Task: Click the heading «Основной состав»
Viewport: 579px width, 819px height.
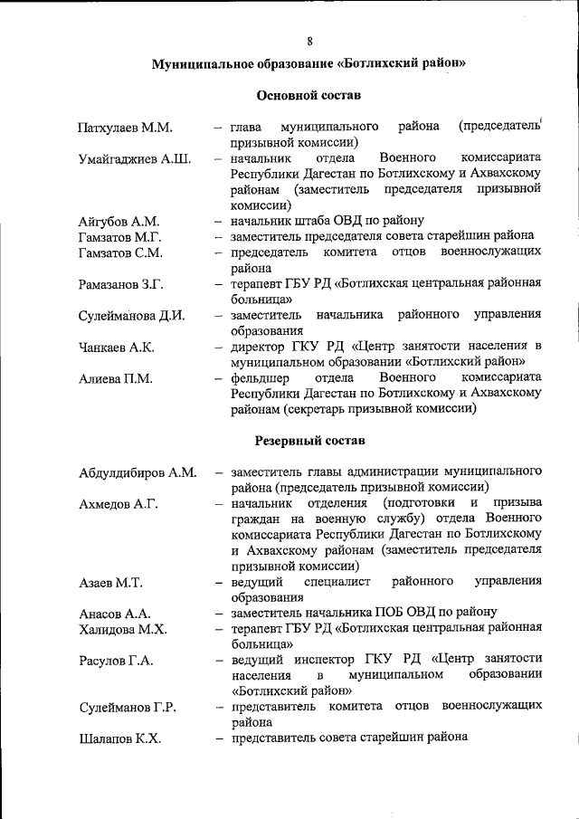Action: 308,94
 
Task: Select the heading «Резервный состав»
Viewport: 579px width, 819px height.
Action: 309,441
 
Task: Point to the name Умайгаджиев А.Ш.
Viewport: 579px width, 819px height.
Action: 134,160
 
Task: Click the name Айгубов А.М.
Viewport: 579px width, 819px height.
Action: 119,222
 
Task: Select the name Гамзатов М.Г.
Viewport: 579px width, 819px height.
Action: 120,236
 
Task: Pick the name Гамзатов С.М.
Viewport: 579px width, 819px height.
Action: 120,252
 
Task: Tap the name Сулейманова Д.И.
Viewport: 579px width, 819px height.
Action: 131,316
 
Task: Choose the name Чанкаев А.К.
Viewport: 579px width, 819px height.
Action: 116,348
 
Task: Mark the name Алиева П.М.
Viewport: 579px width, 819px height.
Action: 114,378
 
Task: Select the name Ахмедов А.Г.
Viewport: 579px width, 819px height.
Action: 119,504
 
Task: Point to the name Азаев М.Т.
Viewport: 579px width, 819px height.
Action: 110,582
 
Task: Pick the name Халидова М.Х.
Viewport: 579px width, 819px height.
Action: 122,629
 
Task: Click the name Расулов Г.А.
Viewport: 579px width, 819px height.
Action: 116,661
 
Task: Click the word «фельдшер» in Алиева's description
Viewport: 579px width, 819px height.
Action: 259,377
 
